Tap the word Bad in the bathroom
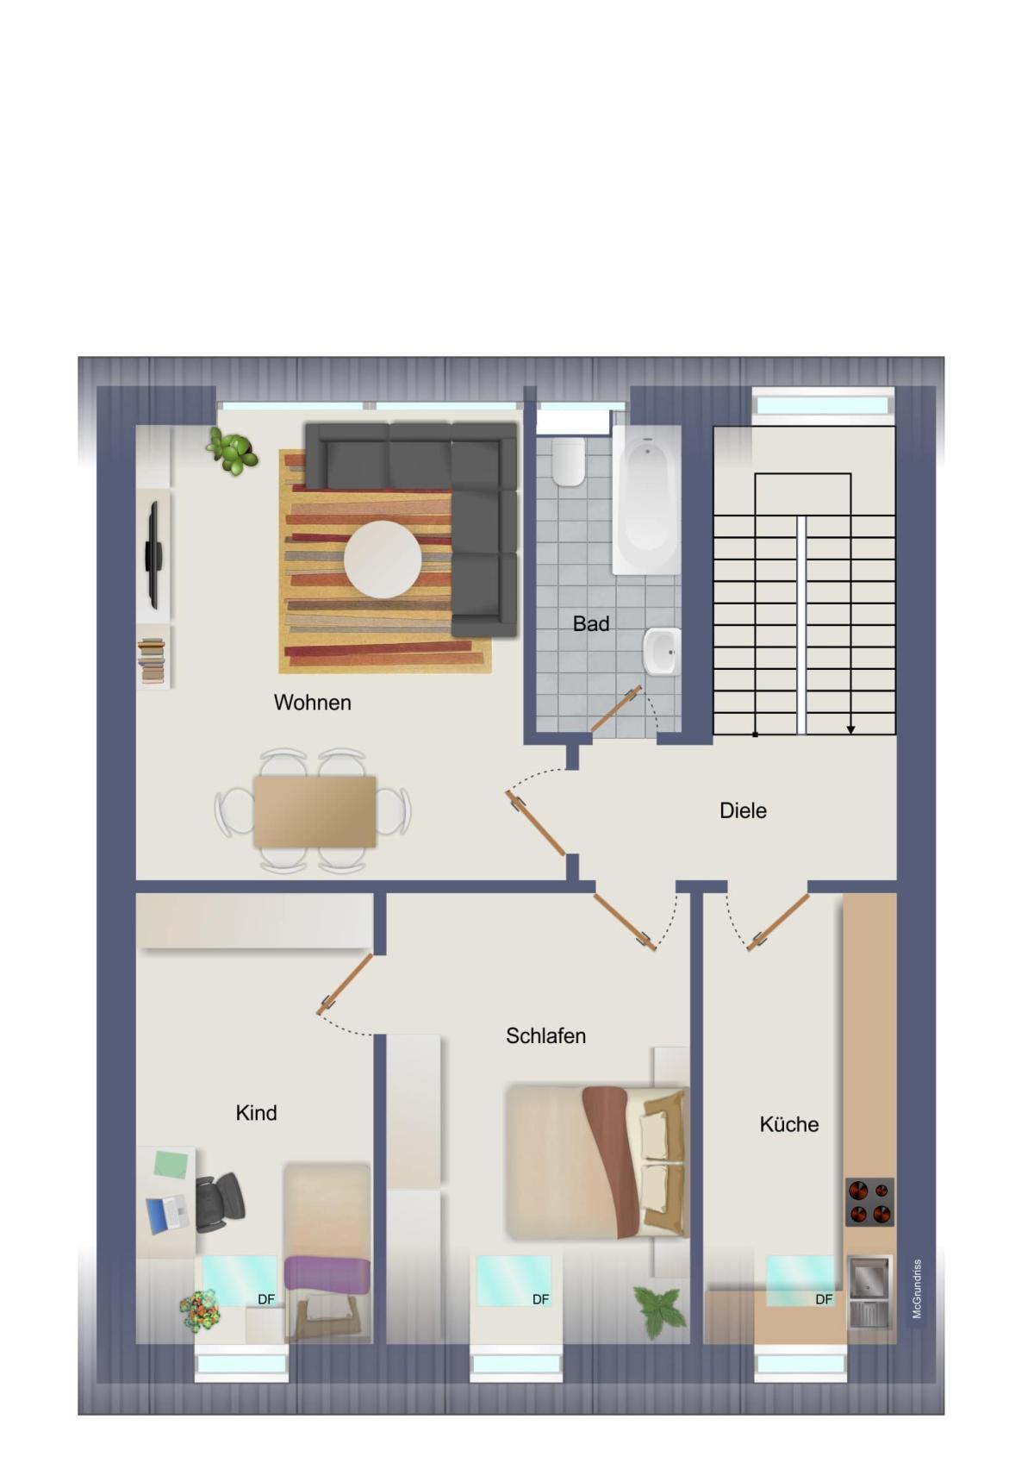click(591, 623)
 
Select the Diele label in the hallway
click(743, 810)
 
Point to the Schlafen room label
click(545, 1036)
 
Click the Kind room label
click(256, 1113)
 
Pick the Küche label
click(788, 1124)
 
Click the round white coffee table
click(383, 559)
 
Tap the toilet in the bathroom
click(568, 461)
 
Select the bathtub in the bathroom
click(647, 499)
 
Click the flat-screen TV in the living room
click(153, 555)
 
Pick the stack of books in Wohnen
click(153, 661)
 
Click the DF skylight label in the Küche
click(824, 1299)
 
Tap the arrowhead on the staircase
click(850, 729)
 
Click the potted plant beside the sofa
click(232, 449)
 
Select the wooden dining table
click(315, 812)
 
